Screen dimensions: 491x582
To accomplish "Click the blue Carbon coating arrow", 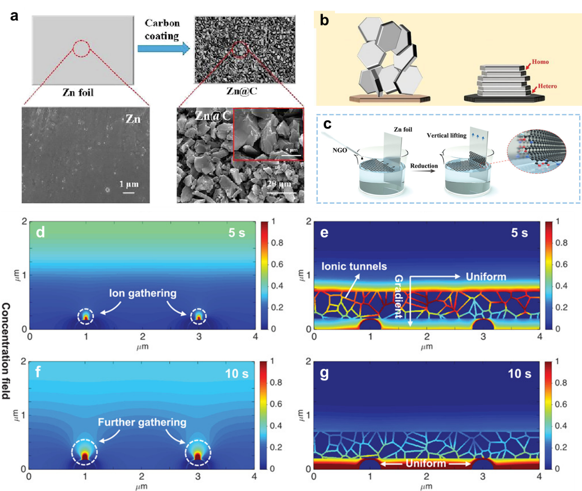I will (163, 49).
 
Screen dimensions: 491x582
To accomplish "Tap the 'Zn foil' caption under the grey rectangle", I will (78, 92).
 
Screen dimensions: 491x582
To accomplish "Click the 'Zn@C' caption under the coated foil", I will (241, 90).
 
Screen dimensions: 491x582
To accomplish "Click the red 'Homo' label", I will (540, 62).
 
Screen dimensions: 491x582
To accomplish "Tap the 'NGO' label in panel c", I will (339, 151).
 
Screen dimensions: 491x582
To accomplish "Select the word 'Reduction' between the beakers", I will (424, 166).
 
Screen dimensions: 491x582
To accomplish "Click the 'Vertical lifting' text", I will (446, 136).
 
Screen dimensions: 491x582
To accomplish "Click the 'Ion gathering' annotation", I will (143, 293).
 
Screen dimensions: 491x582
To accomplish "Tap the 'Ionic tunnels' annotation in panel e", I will (354, 266).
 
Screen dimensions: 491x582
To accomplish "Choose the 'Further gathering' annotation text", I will (142, 422).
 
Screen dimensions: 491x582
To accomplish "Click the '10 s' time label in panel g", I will (520, 373).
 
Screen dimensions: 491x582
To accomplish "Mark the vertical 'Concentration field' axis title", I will (6, 351).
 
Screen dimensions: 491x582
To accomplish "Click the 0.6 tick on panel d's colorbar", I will (277, 264).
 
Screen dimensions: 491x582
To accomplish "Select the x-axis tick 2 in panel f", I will (142, 477).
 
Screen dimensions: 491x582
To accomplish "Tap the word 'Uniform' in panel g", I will (425, 464).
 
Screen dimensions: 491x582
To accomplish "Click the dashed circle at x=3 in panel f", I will (198, 452).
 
